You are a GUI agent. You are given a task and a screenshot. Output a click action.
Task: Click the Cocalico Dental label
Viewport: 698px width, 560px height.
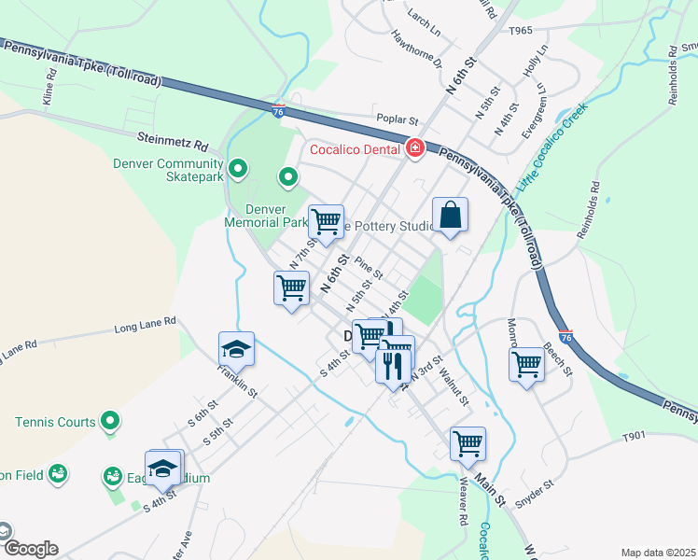point(356,147)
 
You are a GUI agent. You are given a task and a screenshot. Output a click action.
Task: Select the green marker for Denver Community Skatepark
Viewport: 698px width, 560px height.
point(238,169)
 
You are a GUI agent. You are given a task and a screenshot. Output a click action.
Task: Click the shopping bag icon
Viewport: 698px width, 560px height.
point(450,215)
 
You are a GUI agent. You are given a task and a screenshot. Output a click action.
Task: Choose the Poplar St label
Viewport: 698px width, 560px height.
point(398,119)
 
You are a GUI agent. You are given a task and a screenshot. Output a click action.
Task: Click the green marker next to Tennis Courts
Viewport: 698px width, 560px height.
point(110,422)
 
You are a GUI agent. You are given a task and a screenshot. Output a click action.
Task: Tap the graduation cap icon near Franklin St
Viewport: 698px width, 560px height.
point(236,349)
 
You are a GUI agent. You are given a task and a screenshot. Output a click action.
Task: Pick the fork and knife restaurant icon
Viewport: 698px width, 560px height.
point(392,365)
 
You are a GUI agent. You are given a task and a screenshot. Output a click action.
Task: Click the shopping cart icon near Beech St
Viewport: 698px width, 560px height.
point(527,363)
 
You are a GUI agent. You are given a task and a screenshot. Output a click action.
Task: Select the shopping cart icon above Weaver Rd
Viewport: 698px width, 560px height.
point(468,443)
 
